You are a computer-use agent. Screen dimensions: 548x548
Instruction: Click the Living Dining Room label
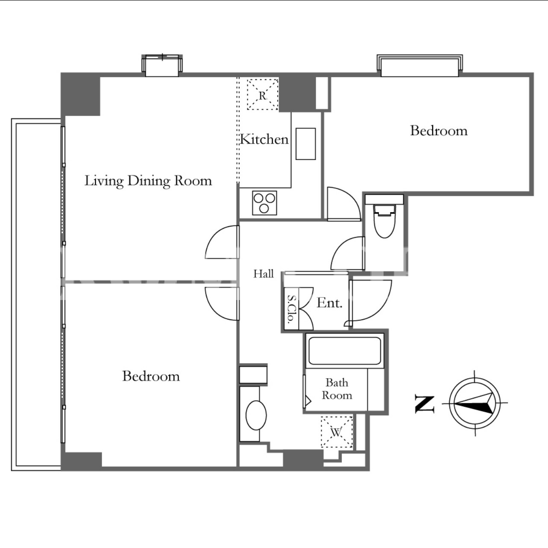click(148, 181)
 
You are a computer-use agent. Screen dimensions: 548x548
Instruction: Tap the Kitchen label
click(264, 139)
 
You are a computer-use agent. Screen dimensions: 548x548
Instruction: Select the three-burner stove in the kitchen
click(264, 203)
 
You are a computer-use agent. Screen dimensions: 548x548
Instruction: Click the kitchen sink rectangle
click(306, 144)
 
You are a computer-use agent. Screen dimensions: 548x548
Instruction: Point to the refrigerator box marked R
click(263, 94)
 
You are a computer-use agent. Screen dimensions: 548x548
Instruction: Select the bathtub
click(345, 351)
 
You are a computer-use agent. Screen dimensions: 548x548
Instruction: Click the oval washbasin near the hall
click(256, 415)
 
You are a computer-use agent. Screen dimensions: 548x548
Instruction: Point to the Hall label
click(264, 274)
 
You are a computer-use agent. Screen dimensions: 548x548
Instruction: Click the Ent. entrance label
click(329, 303)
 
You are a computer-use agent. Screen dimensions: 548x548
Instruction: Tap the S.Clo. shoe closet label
click(291, 309)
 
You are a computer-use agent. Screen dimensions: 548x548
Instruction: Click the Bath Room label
click(337, 389)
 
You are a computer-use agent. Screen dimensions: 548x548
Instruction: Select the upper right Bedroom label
click(439, 131)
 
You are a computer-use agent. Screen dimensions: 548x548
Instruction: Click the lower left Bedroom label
click(151, 376)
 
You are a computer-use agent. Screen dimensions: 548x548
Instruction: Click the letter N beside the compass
click(425, 404)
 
